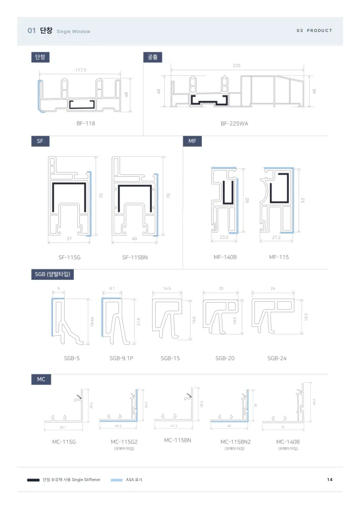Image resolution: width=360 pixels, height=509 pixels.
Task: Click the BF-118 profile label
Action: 86,123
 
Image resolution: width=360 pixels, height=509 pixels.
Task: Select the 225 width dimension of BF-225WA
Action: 236,66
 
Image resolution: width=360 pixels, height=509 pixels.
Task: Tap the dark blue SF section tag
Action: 40,141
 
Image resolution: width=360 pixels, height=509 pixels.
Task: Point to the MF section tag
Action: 192,141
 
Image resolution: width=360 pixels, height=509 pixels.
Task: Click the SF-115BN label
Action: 135,258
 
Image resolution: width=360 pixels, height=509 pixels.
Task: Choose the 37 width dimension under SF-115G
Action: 69,239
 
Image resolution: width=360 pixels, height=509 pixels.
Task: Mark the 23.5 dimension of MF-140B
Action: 224,237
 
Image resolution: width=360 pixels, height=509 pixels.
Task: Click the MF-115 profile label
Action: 279,257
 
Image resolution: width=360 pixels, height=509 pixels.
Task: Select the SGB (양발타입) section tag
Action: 53,274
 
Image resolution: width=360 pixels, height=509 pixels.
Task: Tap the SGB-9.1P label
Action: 121,358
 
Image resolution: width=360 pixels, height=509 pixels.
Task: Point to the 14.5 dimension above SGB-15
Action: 167,288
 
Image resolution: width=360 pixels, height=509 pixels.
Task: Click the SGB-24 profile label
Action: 277,358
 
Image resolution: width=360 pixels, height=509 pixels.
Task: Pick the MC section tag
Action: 41,379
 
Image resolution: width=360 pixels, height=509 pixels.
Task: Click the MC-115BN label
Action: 178,440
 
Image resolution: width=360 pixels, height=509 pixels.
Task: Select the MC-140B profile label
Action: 288,442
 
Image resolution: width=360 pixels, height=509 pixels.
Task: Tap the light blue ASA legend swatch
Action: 116,480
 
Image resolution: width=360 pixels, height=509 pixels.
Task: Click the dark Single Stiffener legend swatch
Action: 34,480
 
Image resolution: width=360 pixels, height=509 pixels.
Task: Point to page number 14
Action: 330,480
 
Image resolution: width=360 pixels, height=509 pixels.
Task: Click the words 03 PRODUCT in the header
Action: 314,30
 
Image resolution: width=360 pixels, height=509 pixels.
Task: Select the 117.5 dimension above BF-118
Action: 81,70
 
